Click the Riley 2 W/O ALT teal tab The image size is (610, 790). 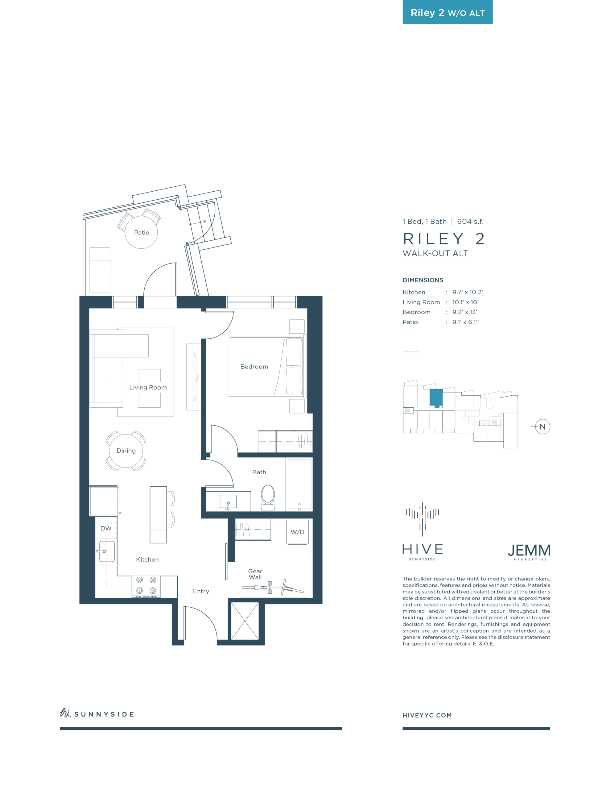(447, 12)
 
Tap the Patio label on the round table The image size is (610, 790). (141, 233)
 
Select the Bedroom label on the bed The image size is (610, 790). (254, 367)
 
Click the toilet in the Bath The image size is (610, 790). (268, 497)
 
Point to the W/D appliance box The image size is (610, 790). (297, 532)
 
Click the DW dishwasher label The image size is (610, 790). (106, 529)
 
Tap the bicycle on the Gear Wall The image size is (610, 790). (273, 588)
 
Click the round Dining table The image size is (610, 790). (126, 451)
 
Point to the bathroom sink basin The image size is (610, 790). (228, 502)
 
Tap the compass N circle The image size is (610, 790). (542, 427)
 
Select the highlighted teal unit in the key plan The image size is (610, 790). (436, 398)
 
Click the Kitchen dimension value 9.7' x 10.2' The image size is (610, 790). (468, 292)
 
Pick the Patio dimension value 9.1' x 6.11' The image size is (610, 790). (466, 322)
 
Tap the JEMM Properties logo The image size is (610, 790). (529, 552)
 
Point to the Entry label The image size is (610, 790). (201, 591)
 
